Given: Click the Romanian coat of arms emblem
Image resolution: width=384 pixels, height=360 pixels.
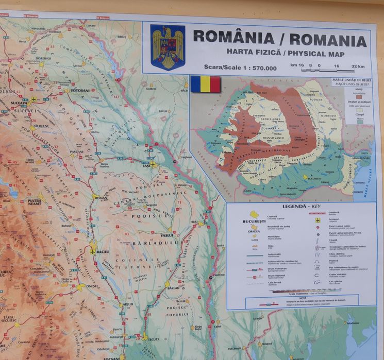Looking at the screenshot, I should click(168, 47).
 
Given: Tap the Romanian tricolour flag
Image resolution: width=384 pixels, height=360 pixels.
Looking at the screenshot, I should click(205, 84).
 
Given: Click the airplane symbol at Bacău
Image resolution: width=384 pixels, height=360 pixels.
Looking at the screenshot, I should click(92, 251).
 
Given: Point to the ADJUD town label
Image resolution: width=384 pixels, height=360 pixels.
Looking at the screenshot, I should click(126, 304).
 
